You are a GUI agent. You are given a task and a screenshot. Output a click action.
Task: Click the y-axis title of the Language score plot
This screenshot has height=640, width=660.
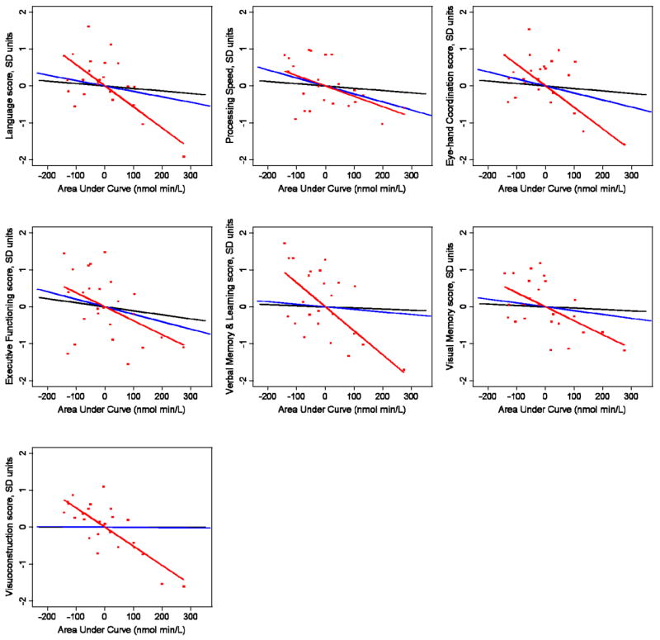(x=9, y=85)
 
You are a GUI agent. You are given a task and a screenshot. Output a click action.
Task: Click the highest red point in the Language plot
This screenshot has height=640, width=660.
(x=88, y=26)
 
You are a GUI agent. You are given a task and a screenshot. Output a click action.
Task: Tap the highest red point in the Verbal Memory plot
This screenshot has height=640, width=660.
(x=285, y=243)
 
